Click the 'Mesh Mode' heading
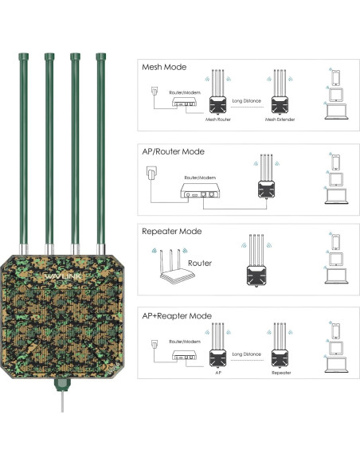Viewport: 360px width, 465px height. (x=164, y=67)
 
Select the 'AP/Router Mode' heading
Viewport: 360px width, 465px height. (x=173, y=151)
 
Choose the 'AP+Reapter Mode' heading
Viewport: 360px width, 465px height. (x=177, y=316)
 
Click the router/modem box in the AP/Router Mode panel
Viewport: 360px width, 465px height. (x=196, y=193)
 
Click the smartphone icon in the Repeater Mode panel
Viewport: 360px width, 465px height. (x=335, y=239)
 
